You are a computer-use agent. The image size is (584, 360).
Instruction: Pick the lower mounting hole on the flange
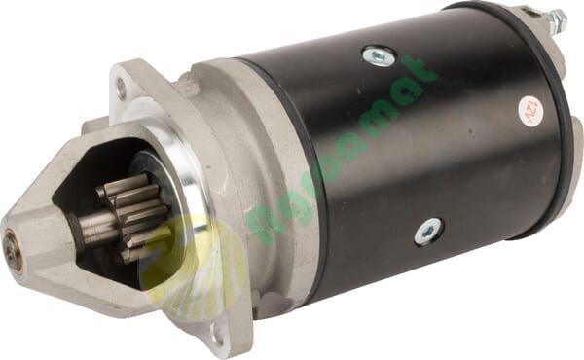point(215,333)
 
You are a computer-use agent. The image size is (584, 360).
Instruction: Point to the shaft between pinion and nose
point(92,229)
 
